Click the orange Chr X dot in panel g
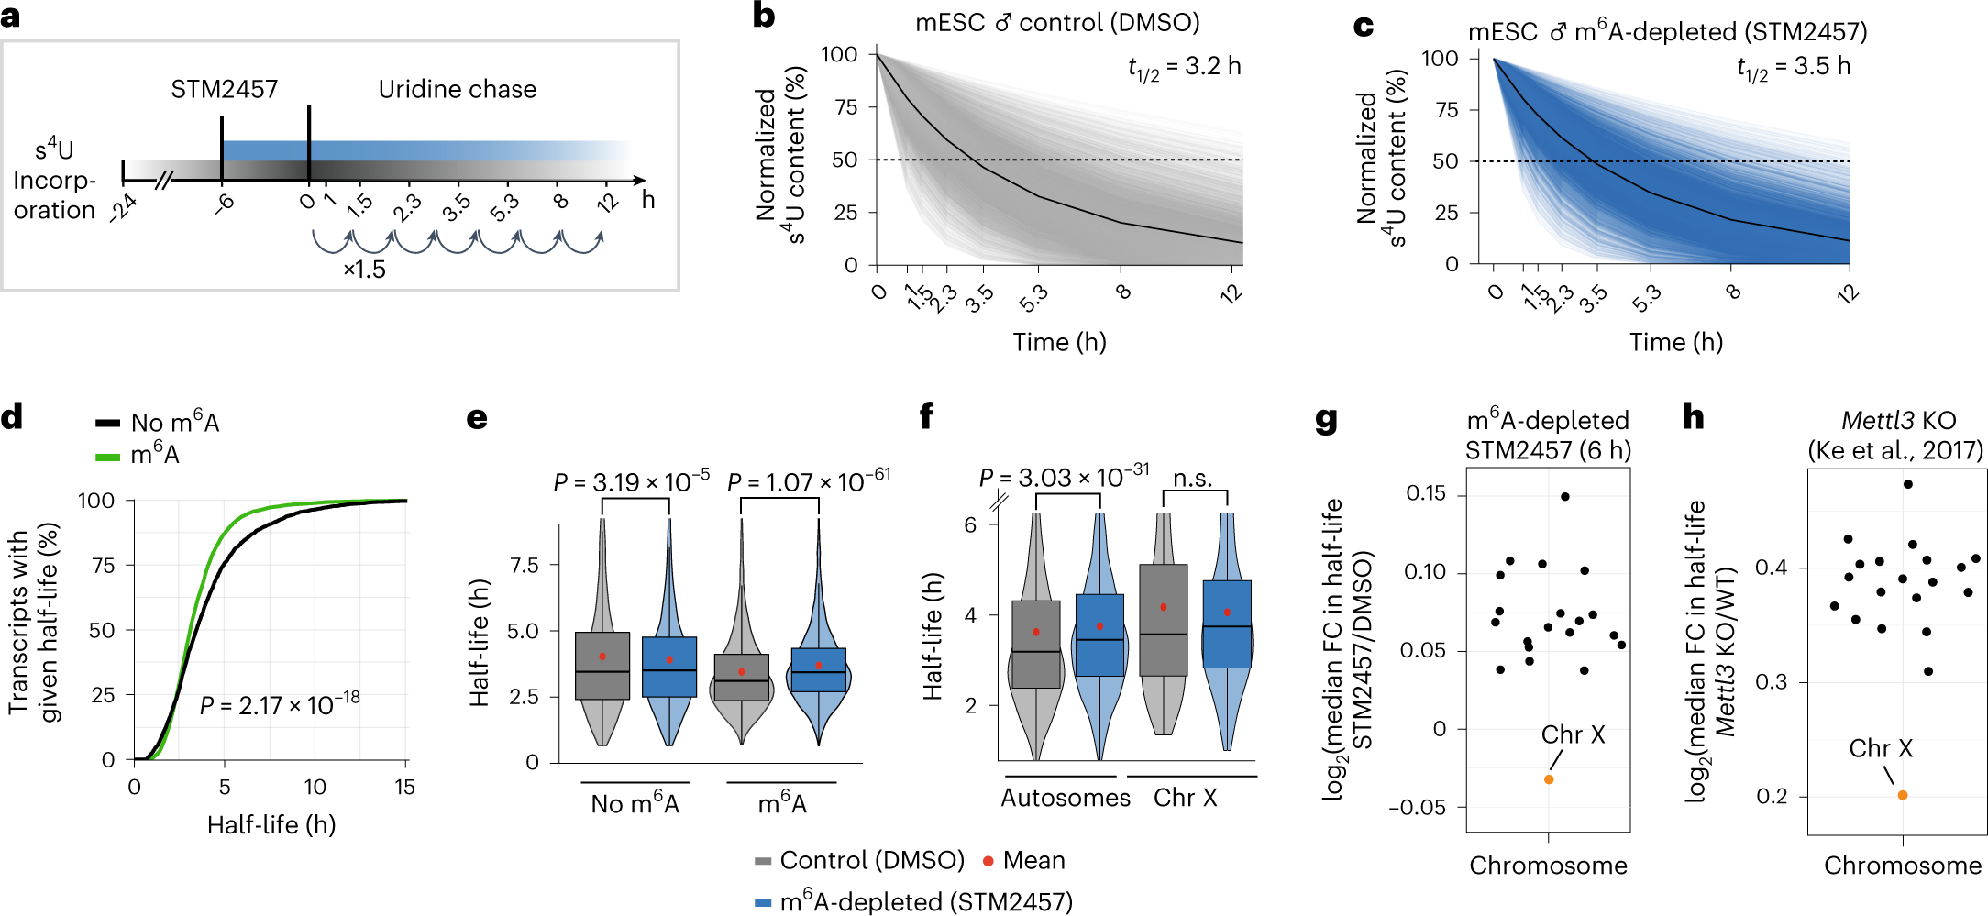click(1549, 779)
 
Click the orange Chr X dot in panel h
click(1903, 795)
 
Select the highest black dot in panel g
click(1564, 497)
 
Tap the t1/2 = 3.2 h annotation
click(1184, 67)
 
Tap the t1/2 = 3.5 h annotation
click(1794, 67)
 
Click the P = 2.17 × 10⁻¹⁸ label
click(280, 704)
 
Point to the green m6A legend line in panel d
click(108, 456)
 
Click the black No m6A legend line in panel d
click(108, 423)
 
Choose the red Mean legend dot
click(988, 861)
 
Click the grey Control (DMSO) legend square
click(762, 861)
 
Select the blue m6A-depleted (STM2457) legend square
click(762, 903)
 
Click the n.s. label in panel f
click(1193, 479)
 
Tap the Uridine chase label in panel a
click(458, 90)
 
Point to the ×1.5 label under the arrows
click(364, 270)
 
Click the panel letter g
click(1326, 420)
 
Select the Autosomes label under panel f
click(1066, 798)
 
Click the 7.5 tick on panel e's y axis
click(524, 566)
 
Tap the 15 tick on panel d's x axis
click(404, 788)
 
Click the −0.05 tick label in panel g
click(1417, 808)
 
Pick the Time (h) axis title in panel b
click(1059, 342)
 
